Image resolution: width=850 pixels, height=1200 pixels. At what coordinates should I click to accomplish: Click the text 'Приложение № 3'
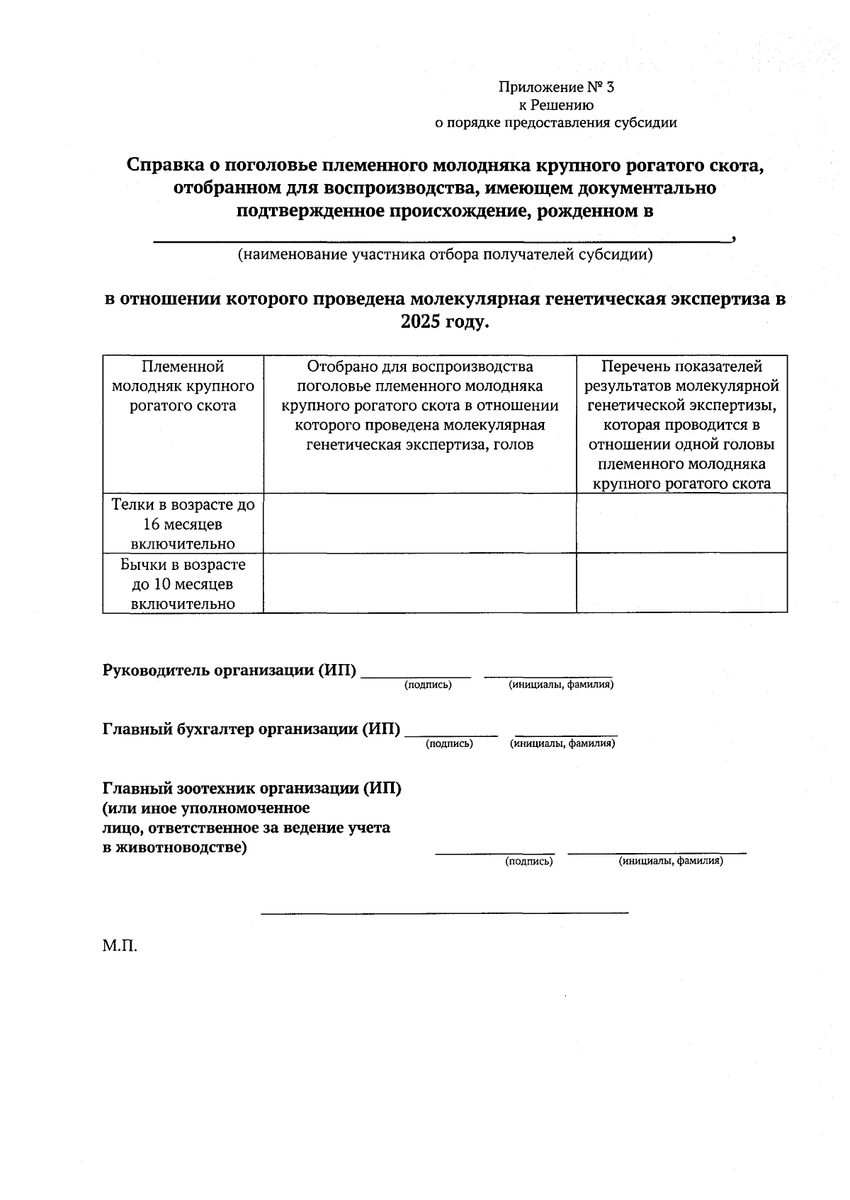click(x=556, y=87)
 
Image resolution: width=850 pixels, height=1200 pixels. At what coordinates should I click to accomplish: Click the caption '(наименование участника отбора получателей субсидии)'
click(x=445, y=254)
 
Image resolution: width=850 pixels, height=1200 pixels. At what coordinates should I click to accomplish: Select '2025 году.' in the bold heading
click(x=445, y=321)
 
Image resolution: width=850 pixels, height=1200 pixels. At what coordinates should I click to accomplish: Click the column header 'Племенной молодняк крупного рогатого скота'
click(x=183, y=387)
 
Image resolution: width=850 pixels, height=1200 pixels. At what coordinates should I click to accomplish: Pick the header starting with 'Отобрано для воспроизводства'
click(x=419, y=406)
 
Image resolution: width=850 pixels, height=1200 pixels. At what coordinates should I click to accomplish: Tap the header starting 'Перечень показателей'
click(x=681, y=425)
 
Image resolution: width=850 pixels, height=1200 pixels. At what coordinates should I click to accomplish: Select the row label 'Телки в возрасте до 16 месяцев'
click(x=183, y=524)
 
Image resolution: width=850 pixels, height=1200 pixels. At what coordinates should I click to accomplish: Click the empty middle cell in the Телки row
click(x=419, y=523)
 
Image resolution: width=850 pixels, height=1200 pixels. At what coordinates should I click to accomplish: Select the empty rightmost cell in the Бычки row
click(x=681, y=583)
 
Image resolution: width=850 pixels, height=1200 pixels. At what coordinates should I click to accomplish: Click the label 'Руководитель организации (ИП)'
click(x=229, y=670)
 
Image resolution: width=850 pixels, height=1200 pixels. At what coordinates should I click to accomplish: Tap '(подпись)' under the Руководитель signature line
click(x=428, y=685)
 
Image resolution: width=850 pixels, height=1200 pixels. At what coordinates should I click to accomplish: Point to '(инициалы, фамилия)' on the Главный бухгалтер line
click(x=562, y=744)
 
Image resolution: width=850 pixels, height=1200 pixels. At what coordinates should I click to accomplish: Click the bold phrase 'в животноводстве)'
click(x=175, y=847)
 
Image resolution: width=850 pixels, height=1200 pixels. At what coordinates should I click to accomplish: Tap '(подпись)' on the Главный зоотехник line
click(x=528, y=862)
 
